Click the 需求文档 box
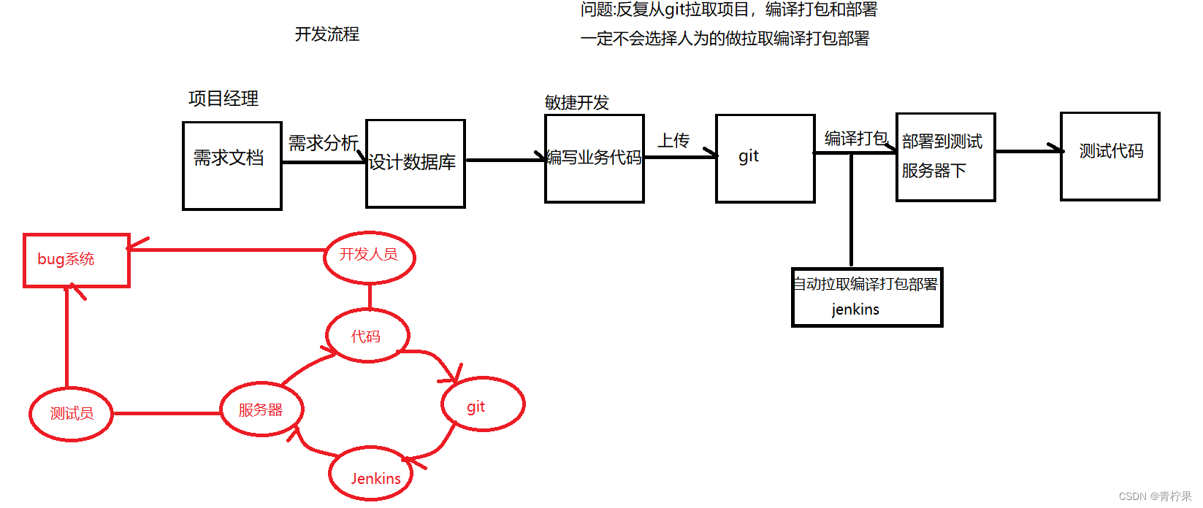tap(232, 166)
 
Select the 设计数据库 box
tap(415, 163)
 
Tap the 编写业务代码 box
tap(594, 158)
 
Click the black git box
tap(765, 158)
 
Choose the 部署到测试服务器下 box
tap(945, 157)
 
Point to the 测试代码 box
tap(1110, 156)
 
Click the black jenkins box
tap(867, 297)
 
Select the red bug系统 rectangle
tap(76, 260)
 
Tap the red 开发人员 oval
tap(369, 256)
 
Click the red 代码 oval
tap(367, 336)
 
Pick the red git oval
tap(482, 404)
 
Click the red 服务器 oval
tap(261, 409)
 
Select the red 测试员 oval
tap(71, 414)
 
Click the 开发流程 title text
tap(326, 34)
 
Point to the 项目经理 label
tap(223, 99)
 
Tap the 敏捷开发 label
tap(576, 103)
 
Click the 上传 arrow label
tap(673, 140)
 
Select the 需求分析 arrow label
tap(323, 143)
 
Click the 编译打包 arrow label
tap(855, 139)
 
